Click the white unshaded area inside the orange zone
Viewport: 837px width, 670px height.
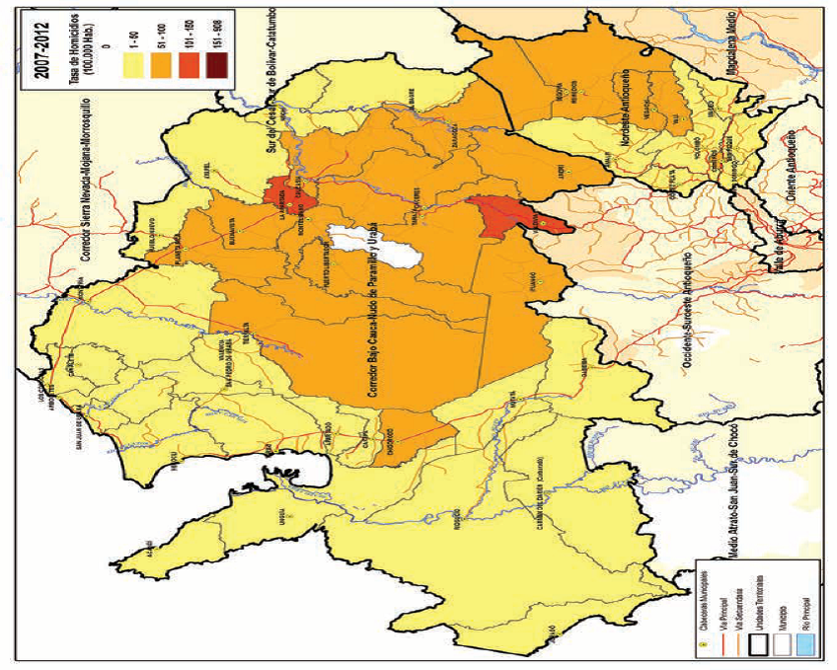click(375, 247)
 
